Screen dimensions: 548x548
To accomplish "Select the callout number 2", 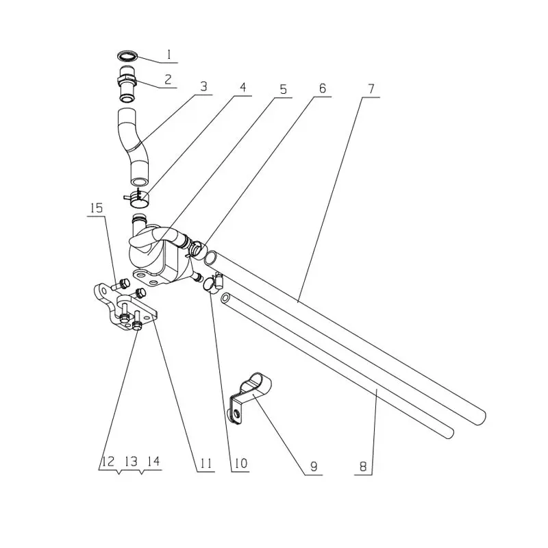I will pos(168,79).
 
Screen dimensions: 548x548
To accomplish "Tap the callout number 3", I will pos(203,87).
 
